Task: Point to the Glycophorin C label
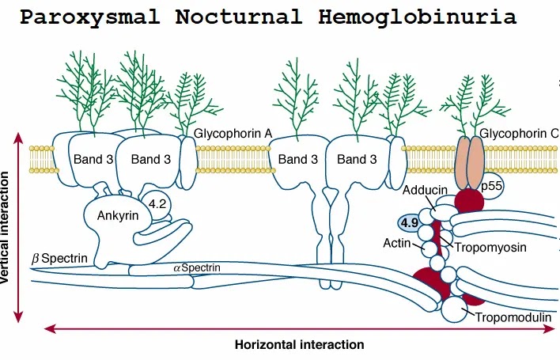click(519, 135)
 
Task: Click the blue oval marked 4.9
click(410, 223)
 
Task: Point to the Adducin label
click(425, 191)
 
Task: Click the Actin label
click(397, 243)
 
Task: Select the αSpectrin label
click(196, 267)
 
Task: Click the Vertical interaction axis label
click(7, 229)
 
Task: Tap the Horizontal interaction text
click(299, 345)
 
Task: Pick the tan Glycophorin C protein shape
click(469, 158)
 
